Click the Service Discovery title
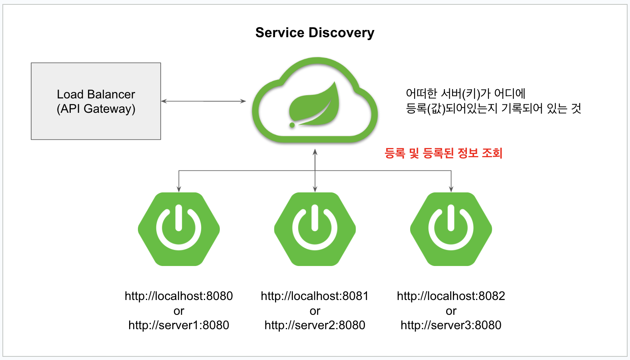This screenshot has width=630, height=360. click(x=315, y=33)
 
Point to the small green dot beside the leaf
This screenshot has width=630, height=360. click(x=292, y=125)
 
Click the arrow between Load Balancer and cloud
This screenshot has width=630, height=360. click(x=203, y=101)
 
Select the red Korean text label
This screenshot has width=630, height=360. click(x=443, y=153)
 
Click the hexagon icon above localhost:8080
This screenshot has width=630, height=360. click(x=179, y=229)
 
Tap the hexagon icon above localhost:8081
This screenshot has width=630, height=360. click(x=315, y=229)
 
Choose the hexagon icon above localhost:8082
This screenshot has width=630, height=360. click(x=451, y=229)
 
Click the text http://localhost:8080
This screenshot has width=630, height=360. click(x=179, y=296)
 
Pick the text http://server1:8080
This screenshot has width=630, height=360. click(x=179, y=325)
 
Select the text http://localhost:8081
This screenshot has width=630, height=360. click(x=315, y=296)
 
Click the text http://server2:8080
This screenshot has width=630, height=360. click(x=315, y=325)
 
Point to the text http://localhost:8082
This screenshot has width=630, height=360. click(x=451, y=296)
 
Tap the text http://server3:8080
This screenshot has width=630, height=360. click(x=451, y=325)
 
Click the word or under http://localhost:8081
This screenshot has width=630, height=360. click(x=315, y=311)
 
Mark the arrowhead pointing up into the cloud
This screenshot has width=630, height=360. click(x=315, y=152)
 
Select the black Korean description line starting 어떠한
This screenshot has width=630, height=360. click(x=465, y=94)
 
